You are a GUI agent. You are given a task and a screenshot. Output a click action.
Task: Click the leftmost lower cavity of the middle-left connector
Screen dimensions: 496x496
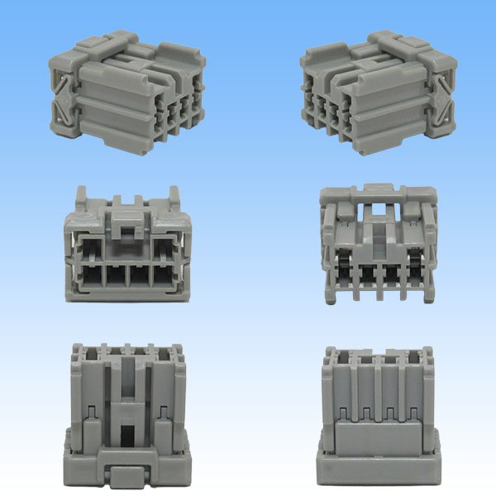[x=91, y=274]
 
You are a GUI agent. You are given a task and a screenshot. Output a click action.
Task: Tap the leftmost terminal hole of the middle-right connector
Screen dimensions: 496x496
[x=340, y=270]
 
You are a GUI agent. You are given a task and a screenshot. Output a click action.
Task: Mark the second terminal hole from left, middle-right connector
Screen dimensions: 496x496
[x=365, y=270]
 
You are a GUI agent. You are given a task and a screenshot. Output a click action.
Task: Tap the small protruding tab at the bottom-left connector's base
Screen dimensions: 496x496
[x=127, y=477]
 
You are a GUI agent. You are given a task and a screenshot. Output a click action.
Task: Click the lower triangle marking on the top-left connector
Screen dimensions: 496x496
[x=63, y=114]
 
